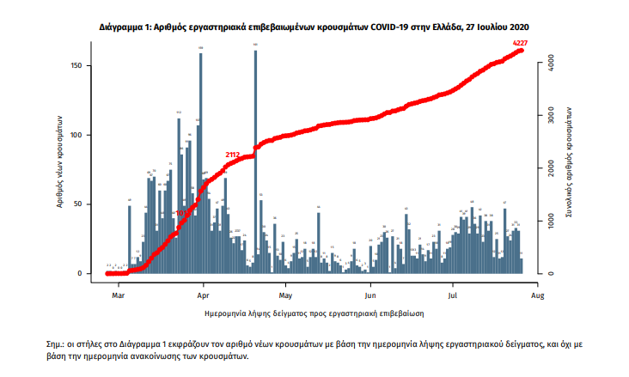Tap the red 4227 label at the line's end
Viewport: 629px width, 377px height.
click(x=520, y=43)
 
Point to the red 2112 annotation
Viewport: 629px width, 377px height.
click(x=232, y=155)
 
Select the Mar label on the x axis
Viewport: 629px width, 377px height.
click(x=119, y=293)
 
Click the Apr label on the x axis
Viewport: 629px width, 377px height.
click(x=203, y=293)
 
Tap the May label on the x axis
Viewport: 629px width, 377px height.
click(x=285, y=293)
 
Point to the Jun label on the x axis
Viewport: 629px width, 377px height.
click(x=369, y=293)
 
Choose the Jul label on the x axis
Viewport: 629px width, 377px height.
click(x=452, y=293)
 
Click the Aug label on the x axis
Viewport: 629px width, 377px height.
click(x=537, y=293)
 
